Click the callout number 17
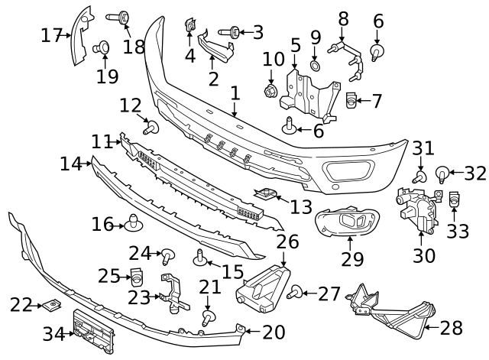point(51,35)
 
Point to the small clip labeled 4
point(189,28)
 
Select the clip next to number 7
point(351,99)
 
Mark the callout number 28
point(452,328)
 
